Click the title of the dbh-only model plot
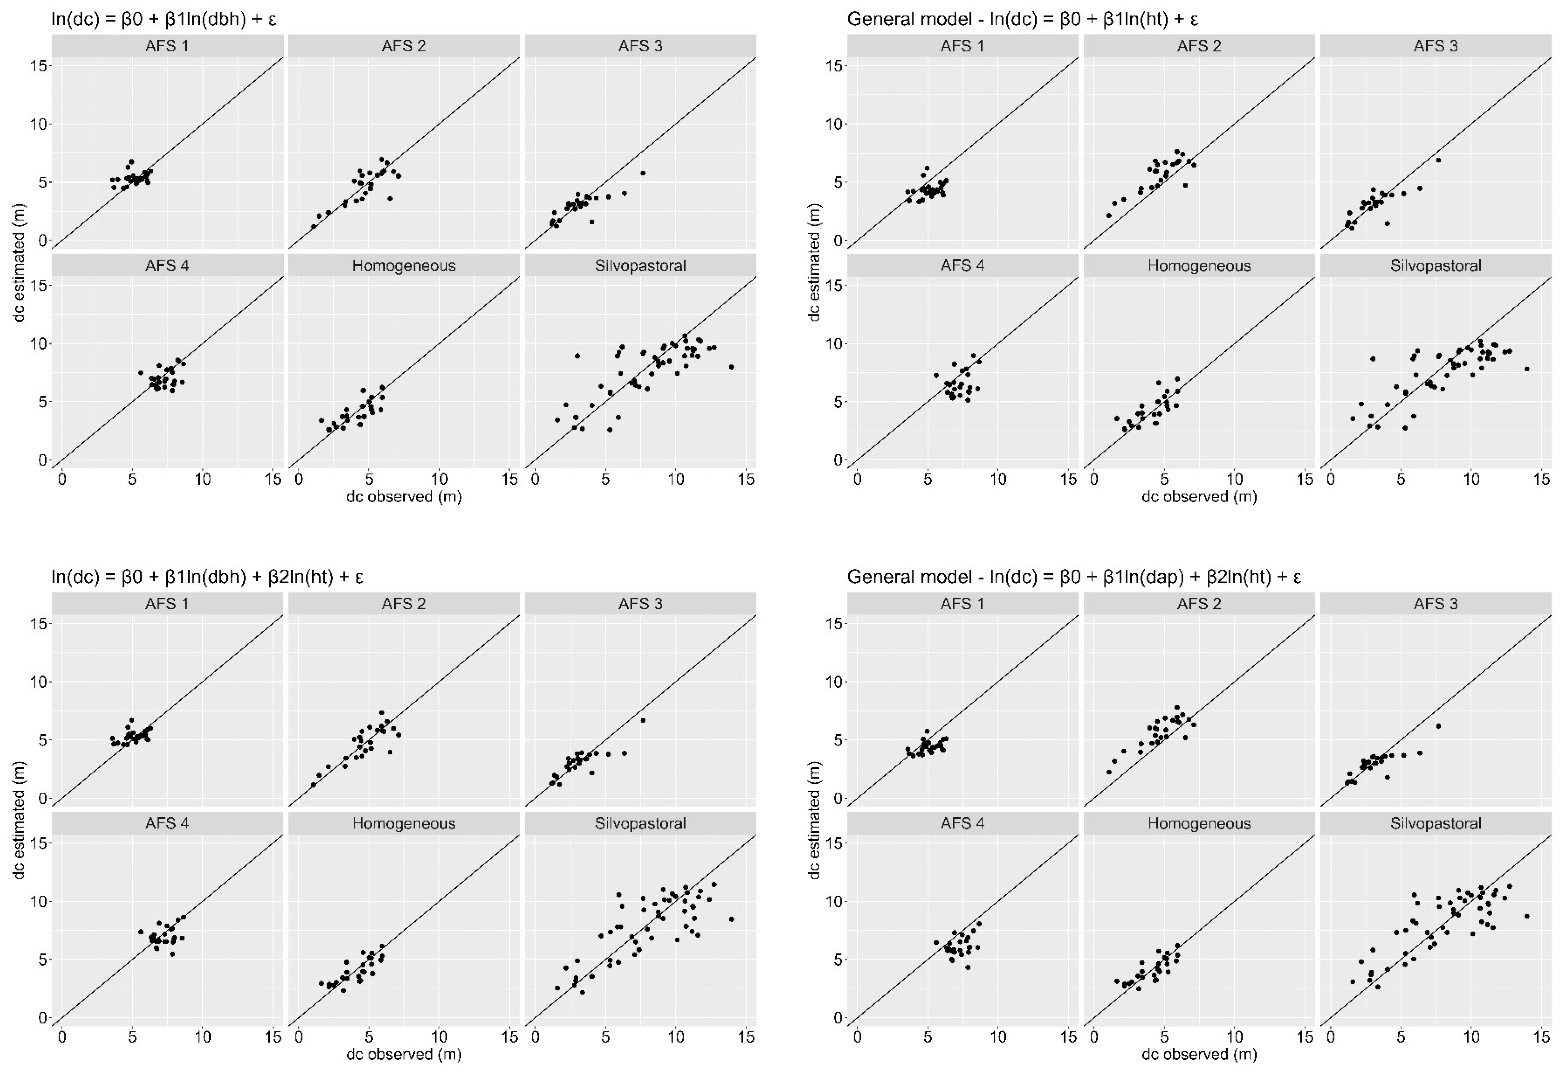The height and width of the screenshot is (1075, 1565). pyautogui.click(x=164, y=19)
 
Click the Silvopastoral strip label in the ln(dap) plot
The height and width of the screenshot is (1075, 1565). pyautogui.click(x=1436, y=823)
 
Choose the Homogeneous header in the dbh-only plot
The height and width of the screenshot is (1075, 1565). pyautogui.click(x=403, y=265)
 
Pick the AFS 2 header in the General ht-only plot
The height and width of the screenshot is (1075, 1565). pyautogui.click(x=1198, y=46)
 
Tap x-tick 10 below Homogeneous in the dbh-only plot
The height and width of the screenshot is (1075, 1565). pyautogui.click(x=439, y=480)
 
